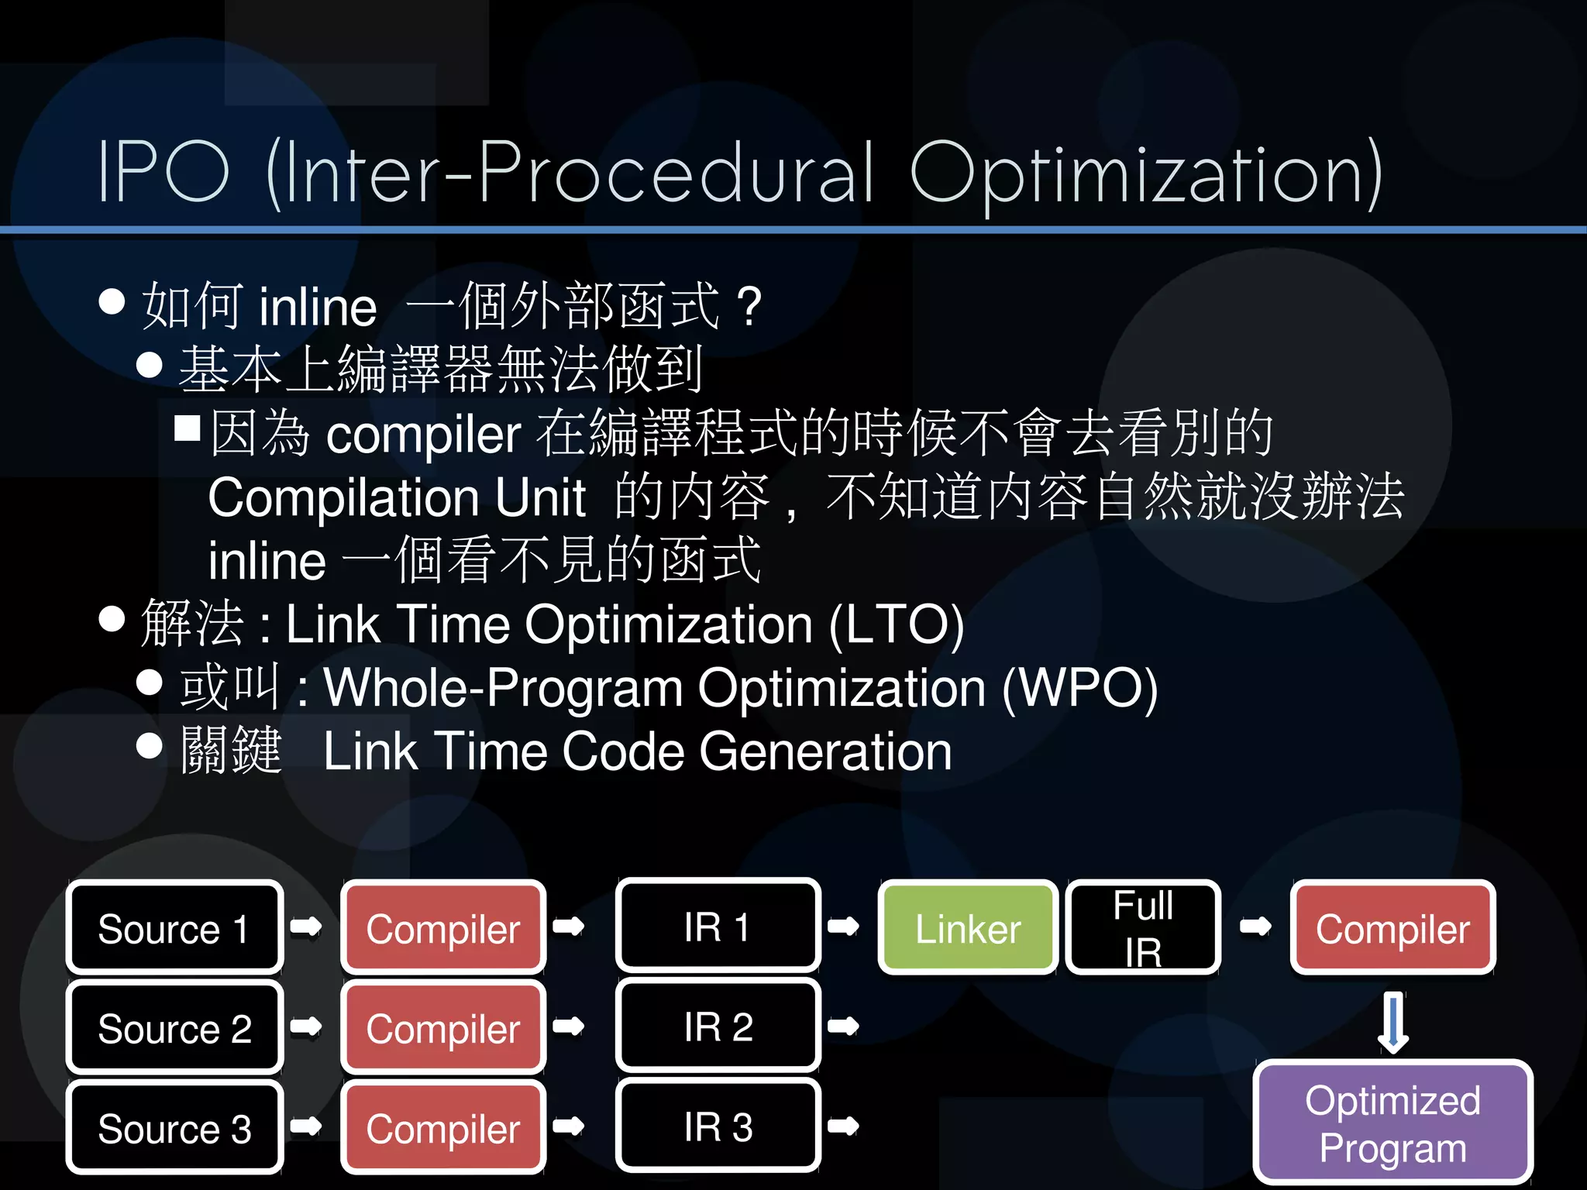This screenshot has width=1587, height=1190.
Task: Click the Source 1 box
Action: click(x=174, y=927)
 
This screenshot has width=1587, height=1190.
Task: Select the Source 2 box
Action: click(x=174, y=1027)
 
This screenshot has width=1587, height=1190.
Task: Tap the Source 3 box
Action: click(x=174, y=1127)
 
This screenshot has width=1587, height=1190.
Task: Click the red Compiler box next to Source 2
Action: click(x=443, y=1027)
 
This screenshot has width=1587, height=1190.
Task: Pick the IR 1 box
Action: click(x=718, y=927)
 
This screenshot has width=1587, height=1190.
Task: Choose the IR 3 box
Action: click(x=718, y=1126)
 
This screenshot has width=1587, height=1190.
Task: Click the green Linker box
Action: click(x=968, y=927)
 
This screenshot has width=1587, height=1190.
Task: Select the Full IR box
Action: click(x=1143, y=927)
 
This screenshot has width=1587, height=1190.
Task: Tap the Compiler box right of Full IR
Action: click(x=1392, y=927)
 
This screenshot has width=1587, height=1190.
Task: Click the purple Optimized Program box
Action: click(x=1392, y=1123)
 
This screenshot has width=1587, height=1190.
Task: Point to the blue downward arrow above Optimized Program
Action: click(x=1392, y=1022)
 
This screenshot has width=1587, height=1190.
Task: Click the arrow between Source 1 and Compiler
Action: click(x=306, y=926)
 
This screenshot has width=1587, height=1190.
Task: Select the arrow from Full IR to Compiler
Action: click(x=1255, y=926)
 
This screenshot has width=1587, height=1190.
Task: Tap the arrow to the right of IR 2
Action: click(x=843, y=1027)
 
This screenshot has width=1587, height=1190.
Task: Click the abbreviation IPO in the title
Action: click(x=164, y=172)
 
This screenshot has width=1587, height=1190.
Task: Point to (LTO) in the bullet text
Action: click(x=897, y=624)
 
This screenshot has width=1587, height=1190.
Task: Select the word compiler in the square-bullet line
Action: click(x=423, y=434)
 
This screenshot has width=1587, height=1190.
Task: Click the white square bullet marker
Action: click(x=188, y=428)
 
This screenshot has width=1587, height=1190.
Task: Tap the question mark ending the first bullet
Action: click(x=749, y=306)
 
